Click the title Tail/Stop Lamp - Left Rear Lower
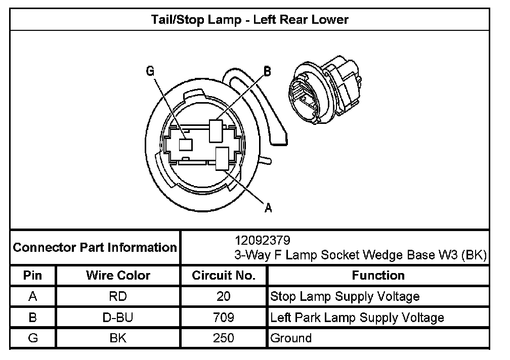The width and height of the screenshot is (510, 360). point(250,20)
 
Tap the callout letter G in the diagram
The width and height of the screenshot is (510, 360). point(150,71)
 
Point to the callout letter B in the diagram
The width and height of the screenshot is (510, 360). point(267,72)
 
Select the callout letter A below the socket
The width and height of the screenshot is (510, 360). point(268,208)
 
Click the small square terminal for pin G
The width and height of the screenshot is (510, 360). point(186,144)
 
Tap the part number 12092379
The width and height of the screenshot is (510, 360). point(262,239)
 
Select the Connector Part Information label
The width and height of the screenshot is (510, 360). point(95,248)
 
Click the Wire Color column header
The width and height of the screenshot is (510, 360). point(118,276)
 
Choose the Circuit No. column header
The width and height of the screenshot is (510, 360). point(224,276)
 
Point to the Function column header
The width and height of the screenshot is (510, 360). point(378,276)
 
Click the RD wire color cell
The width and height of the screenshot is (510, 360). point(118,296)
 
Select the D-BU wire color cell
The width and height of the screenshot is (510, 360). point(118,318)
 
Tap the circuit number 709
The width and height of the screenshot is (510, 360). point(224,318)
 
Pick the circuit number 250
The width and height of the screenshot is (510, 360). point(224,338)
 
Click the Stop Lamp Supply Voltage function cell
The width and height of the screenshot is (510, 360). point(345,296)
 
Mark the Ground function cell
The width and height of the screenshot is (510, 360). point(291,338)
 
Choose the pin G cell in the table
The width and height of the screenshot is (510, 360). point(33,338)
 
